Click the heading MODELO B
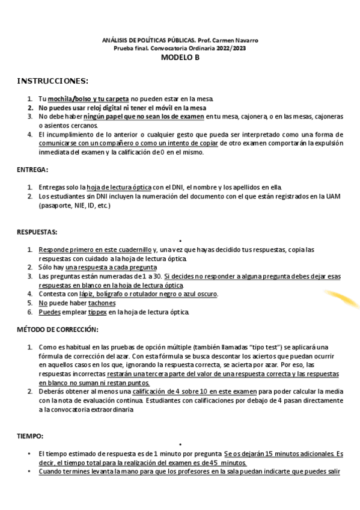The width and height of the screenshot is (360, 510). [x=180, y=58]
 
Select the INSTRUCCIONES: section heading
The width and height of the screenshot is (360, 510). [x=52, y=81]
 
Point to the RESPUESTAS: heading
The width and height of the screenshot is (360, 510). [x=37, y=232]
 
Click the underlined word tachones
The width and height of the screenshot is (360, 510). [x=102, y=303]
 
